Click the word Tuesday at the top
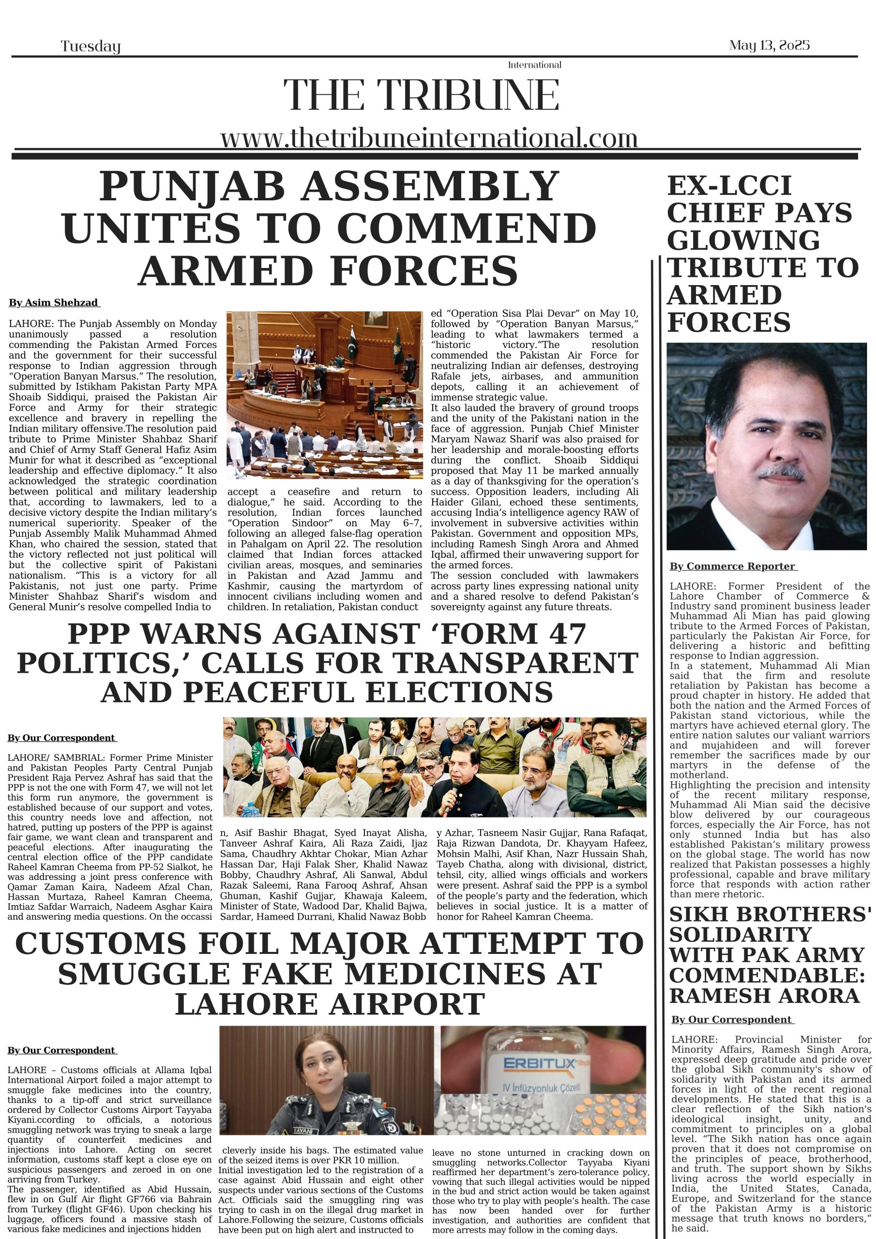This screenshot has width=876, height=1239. click(x=90, y=46)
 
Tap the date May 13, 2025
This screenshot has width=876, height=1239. click(x=769, y=45)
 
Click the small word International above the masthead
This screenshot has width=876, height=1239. click(x=534, y=65)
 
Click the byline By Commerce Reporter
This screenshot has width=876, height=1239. click(x=733, y=566)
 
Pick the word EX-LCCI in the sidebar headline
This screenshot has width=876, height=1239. click(x=729, y=186)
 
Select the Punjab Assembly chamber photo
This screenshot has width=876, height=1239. click(x=324, y=394)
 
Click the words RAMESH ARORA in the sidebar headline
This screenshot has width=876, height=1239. click(x=764, y=996)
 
